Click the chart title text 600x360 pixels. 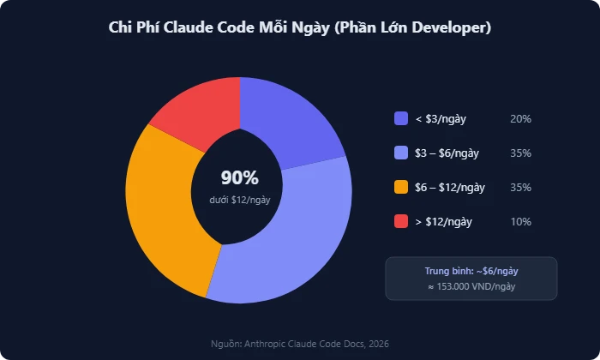point(299,28)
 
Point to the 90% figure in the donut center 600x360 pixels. point(239,178)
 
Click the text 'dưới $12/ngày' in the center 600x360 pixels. point(239,200)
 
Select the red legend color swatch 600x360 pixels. point(401,222)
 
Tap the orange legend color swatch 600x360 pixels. point(401,188)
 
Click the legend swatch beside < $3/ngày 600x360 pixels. point(401,119)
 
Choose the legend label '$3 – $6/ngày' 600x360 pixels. point(447,153)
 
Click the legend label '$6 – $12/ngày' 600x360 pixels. point(450,188)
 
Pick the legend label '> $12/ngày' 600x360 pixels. point(443,222)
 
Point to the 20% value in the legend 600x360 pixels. point(520,119)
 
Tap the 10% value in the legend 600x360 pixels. point(520,222)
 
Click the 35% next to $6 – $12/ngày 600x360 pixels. point(520,188)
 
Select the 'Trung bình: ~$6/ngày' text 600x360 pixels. point(471,271)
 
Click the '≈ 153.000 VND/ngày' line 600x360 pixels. point(471,287)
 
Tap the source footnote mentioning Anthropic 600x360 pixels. point(300,344)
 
